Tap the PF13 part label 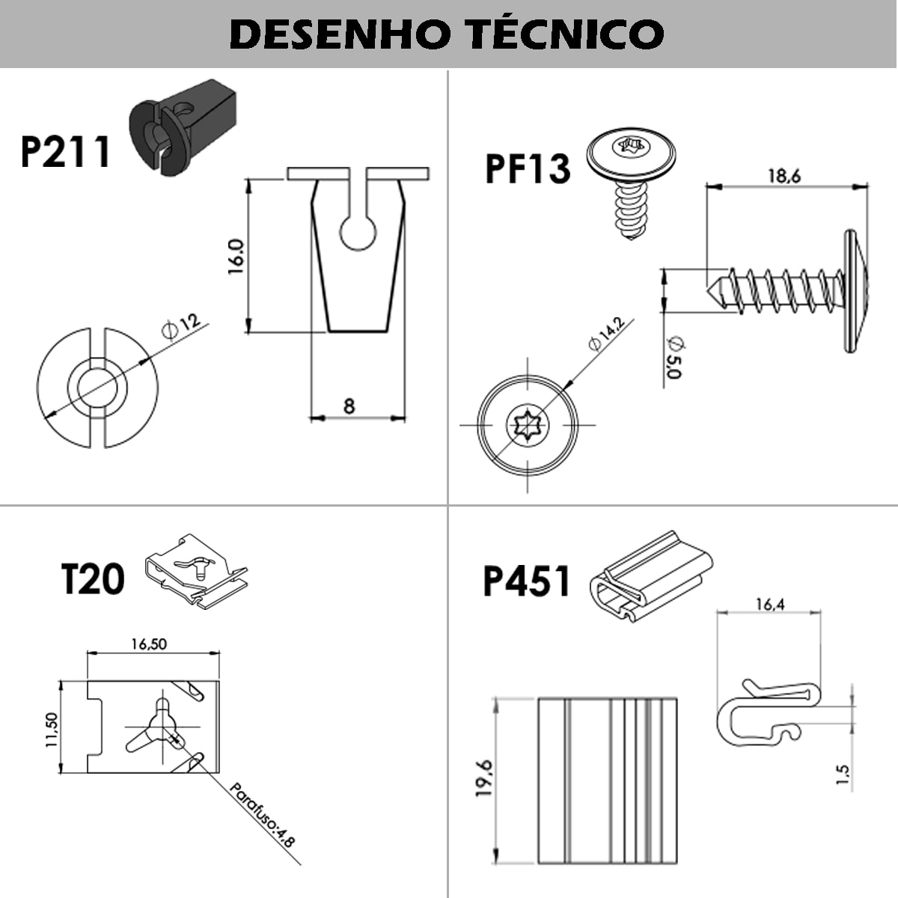(528, 168)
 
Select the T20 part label (92, 579)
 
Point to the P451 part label (527, 581)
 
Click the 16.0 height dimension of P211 (235, 257)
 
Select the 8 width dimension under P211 (349, 406)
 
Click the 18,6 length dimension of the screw (784, 176)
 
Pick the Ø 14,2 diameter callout (606, 335)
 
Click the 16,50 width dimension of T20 (149, 644)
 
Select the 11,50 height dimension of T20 (50, 730)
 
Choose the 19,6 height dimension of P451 (484, 778)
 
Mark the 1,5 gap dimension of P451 (843, 774)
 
